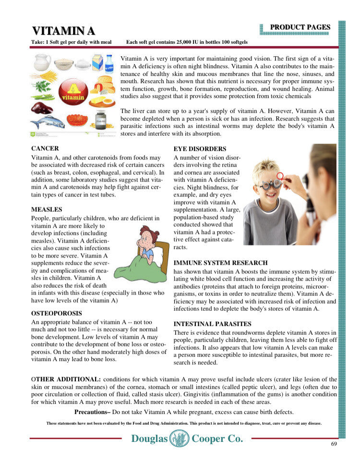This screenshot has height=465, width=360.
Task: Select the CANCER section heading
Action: click(45, 148)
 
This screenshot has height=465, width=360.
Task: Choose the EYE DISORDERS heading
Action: click(200, 149)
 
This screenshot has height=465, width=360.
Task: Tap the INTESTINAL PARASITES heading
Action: click(212, 324)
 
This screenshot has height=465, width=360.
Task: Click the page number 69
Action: click(334, 443)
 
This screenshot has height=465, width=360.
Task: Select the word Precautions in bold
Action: click(92, 412)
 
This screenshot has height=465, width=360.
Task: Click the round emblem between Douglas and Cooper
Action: click(179, 438)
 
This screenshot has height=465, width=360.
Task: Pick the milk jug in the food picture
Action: click(42, 62)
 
